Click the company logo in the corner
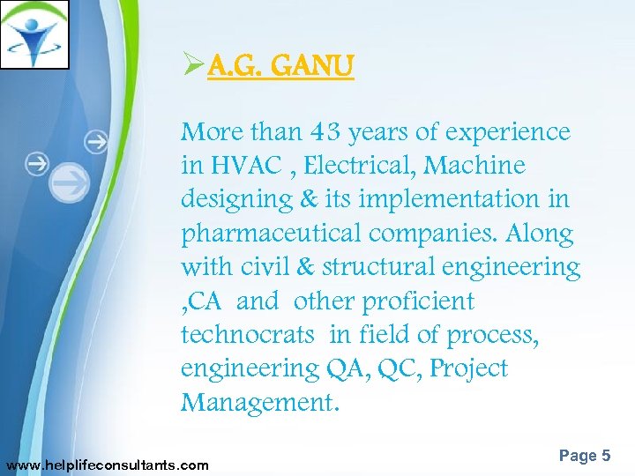pyautogui.click(x=34, y=34)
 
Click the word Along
pyautogui.click(x=540, y=234)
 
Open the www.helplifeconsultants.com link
pyautogui.click(x=108, y=465)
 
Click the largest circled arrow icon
pyautogui.click(x=70, y=182)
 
